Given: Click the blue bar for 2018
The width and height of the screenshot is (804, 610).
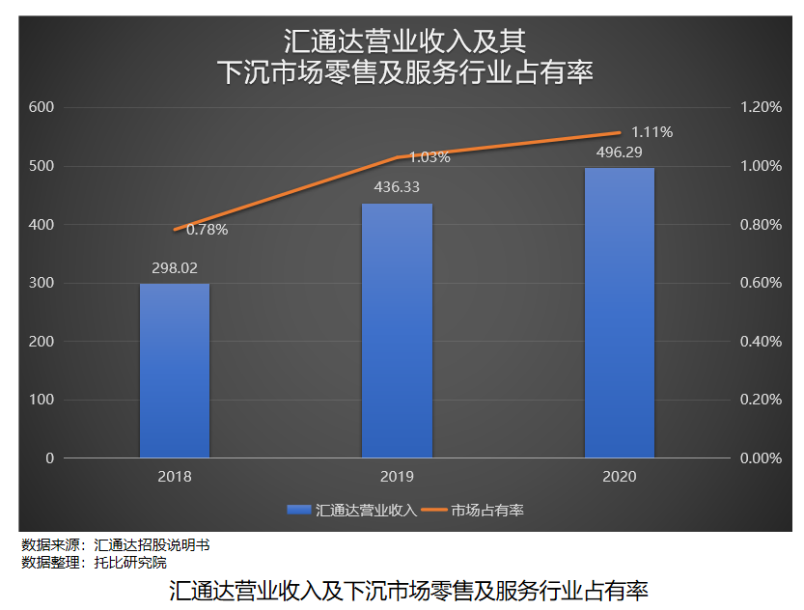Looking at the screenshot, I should click(x=175, y=371).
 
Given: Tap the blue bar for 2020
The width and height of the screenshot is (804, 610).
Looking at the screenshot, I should click(x=619, y=313).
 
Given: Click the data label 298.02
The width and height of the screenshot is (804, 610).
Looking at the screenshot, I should click(x=175, y=268).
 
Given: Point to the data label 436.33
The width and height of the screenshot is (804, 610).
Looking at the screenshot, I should click(x=397, y=187).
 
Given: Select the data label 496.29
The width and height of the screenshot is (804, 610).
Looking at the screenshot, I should click(x=619, y=152).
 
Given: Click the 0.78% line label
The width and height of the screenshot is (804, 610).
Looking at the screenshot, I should click(x=207, y=230).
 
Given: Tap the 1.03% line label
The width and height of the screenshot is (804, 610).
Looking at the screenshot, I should click(x=430, y=156).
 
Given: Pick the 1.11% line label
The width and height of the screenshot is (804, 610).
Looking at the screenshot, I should click(x=652, y=131).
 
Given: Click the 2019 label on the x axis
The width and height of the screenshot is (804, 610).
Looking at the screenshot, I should click(x=397, y=477).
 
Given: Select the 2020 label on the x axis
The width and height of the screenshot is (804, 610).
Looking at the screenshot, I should click(x=619, y=477).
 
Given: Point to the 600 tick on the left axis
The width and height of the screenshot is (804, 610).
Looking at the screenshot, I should click(x=42, y=107).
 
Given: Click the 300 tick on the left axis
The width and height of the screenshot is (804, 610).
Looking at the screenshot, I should click(x=42, y=283).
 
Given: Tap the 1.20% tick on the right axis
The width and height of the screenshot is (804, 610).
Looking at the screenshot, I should click(x=761, y=107).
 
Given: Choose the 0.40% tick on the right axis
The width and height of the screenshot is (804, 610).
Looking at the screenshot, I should click(x=761, y=342).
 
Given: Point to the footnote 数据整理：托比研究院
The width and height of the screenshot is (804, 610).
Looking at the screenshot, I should click(x=95, y=562).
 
